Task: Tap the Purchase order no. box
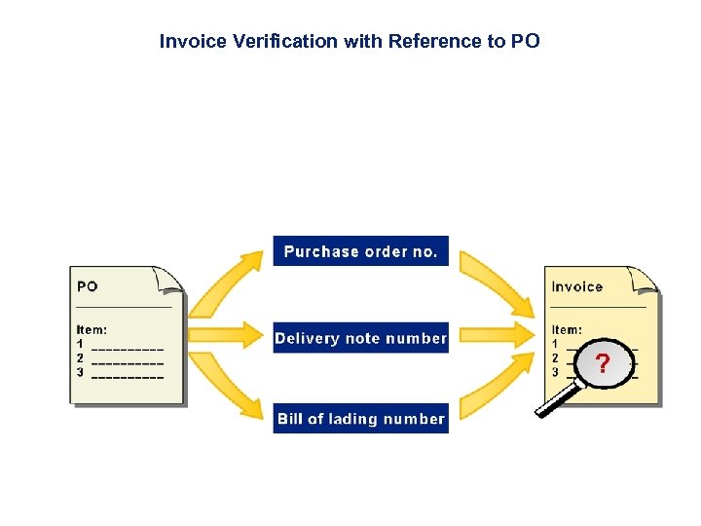click(x=360, y=251)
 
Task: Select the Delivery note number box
click(x=360, y=338)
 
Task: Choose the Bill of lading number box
click(x=360, y=419)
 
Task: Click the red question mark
click(x=604, y=364)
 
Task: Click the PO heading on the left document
click(x=88, y=286)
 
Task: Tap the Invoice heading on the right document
click(x=576, y=286)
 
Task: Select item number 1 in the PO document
click(x=80, y=344)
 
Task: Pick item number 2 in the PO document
click(x=80, y=357)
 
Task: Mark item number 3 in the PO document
click(x=80, y=372)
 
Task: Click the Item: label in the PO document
click(x=92, y=330)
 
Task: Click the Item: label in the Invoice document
click(x=567, y=330)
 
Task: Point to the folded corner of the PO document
click(x=172, y=279)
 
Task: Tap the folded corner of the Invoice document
click(x=646, y=279)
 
